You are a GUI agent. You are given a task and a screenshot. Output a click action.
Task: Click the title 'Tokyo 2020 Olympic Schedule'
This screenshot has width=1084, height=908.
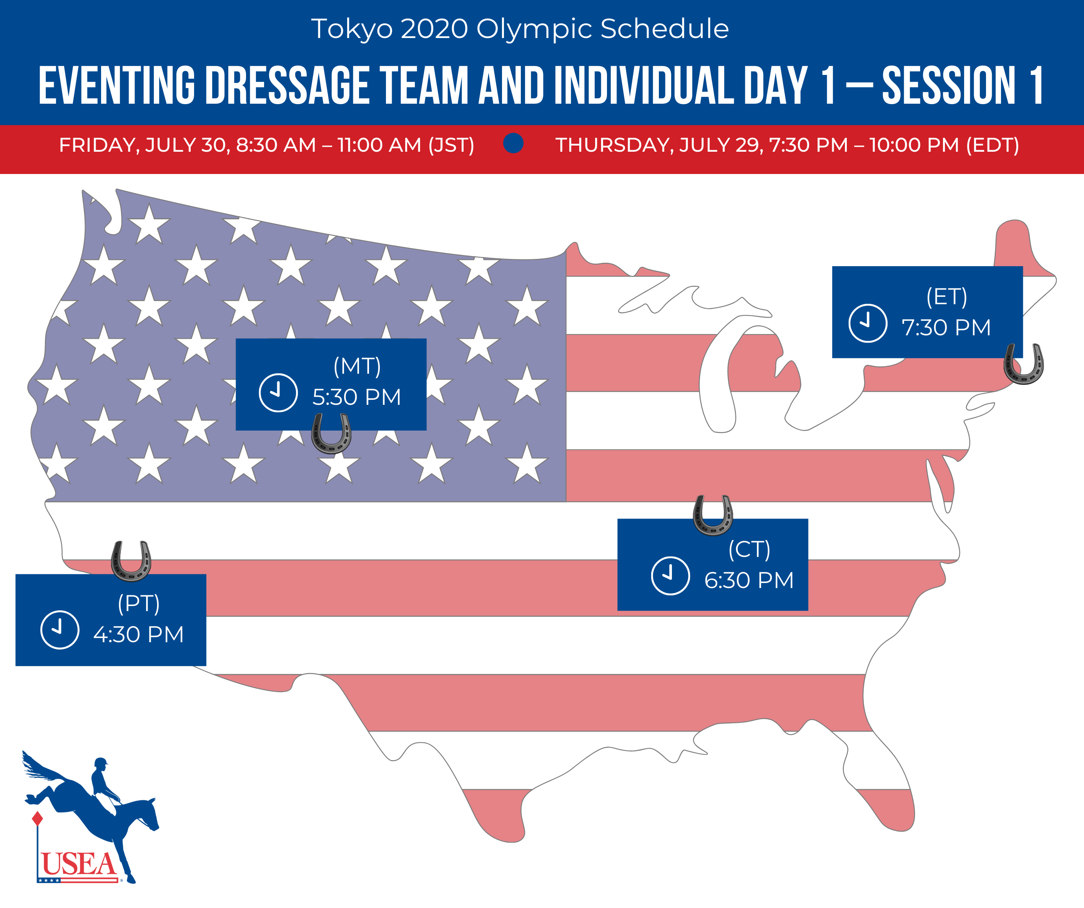(x=520, y=29)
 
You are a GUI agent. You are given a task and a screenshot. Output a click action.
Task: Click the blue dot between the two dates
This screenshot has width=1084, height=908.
(x=513, y=143)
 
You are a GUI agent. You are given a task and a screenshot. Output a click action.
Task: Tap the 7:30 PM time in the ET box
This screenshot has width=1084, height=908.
(x=946, y=328)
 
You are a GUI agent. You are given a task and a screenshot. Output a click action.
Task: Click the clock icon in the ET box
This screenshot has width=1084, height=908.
(x=868, y=323)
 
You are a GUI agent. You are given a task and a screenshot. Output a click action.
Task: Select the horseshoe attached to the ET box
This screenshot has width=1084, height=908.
(x=1024, y=364)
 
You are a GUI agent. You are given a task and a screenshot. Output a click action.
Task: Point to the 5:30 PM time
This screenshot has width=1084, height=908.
(x=357, y=397)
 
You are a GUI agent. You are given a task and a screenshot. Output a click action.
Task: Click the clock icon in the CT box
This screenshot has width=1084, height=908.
(x=670, y=576)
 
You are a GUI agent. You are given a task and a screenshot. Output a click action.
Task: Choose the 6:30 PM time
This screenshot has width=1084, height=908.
(x=749, y=580)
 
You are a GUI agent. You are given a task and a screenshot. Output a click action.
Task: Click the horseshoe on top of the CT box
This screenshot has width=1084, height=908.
(x=713, y=515)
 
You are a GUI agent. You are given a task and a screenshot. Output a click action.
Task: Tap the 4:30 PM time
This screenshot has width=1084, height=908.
(x=138, y=635)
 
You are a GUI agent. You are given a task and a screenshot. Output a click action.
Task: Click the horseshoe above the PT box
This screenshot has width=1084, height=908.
(x=131, y=561)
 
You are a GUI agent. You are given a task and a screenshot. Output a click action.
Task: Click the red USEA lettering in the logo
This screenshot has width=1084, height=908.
(x=79, y=863)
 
